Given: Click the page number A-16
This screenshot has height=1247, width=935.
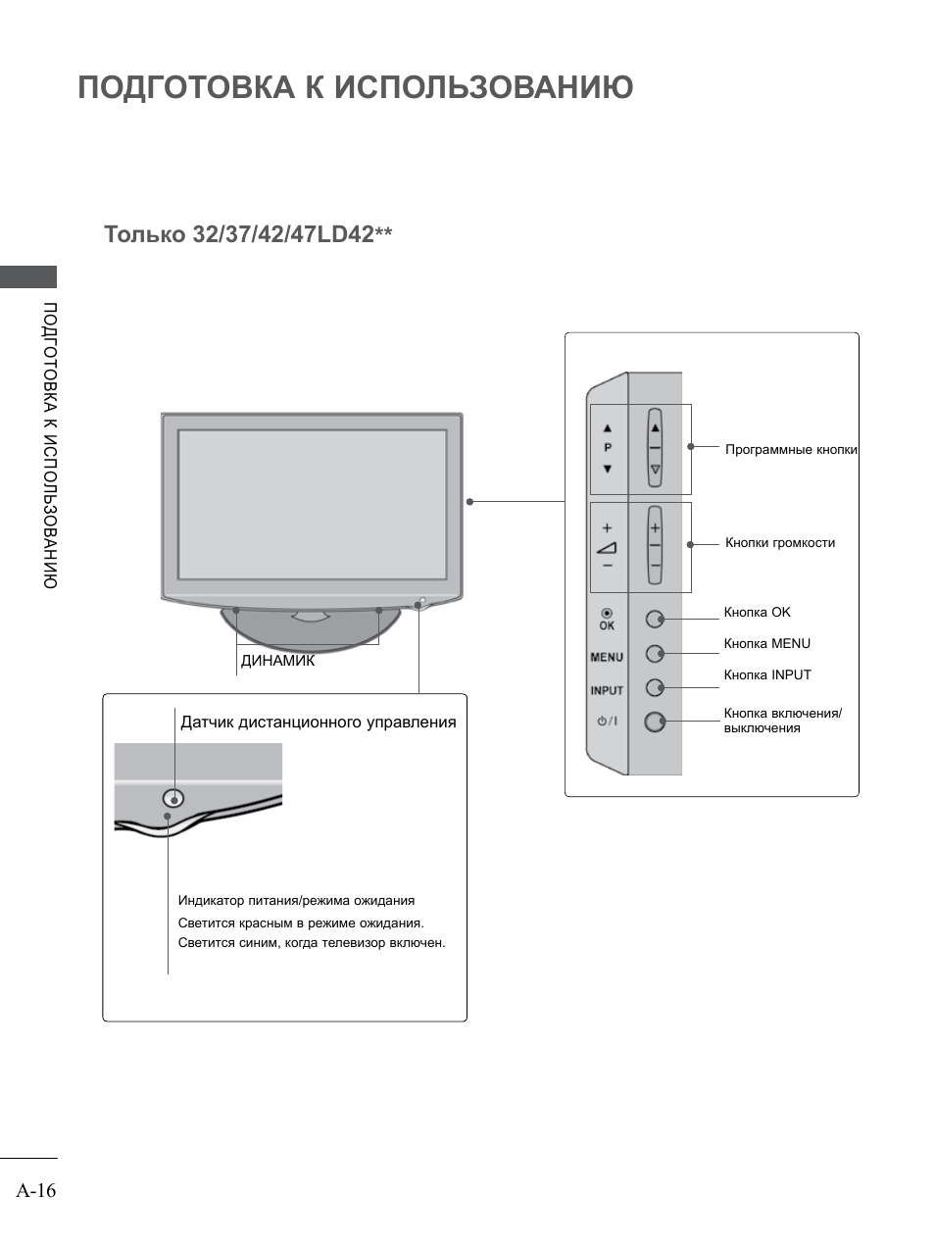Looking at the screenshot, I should point(36,1191).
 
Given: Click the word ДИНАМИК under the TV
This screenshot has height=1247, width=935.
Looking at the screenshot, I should point(278,661).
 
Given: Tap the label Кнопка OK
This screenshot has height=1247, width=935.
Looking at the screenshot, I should point(757,613).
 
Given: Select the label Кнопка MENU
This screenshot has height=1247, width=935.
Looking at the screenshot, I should point(766,644).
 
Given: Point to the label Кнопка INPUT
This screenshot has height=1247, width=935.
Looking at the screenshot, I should point(767,675).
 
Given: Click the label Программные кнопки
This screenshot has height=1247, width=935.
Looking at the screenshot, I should point(791,450).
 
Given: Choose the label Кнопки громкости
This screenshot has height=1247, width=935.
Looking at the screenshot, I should point(780,543).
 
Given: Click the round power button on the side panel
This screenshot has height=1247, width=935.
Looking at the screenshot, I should point(654,723).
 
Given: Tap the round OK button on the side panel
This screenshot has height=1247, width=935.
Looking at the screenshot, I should point(654,620).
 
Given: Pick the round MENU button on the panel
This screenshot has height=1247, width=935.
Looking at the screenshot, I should point(654,653).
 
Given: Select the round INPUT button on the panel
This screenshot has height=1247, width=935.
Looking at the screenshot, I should point(654,687).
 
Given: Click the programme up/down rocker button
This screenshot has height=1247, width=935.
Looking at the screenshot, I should point(655,449).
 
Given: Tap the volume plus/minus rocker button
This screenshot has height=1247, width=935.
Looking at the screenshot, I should point(655,545).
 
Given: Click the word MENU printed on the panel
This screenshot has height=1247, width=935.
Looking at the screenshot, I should point(607,658).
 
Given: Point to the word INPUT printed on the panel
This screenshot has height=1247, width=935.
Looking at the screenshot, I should point(607,690).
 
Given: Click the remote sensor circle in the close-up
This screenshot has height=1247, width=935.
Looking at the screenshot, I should point(173,798).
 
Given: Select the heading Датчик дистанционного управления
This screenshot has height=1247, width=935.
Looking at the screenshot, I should point(318,723).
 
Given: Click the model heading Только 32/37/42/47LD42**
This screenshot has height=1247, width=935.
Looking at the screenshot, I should point(248,235).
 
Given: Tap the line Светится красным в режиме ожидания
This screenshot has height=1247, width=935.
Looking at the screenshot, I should point(301,923).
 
